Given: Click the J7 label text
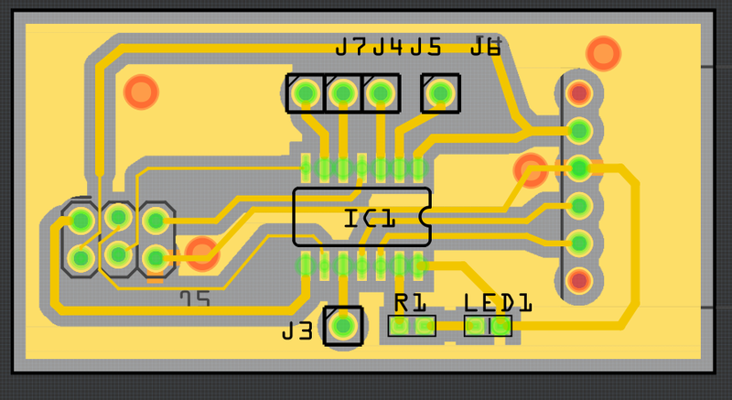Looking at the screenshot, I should [x=351, y=47].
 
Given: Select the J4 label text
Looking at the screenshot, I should [x=389, y=47].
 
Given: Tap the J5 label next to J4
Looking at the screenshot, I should [x=426, y=47].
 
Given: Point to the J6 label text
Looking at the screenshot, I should [x=486, y=47].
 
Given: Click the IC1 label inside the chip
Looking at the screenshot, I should [x=370, y=219].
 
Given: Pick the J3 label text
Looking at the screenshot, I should [x=298, y=330].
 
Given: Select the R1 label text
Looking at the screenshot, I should [x=411, y=302].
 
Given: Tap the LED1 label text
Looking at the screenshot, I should [x=498, y=302].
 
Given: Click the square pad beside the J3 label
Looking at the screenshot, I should [x=343, y=325].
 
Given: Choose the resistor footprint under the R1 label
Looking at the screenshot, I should [x=412, y=326].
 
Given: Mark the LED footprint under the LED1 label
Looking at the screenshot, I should [x=488, y=326].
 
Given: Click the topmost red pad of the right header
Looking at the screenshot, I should [x=578, y=92].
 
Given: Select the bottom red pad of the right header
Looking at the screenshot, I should [x=578, y=279].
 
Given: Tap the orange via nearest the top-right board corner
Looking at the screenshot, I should [x=603, y=52].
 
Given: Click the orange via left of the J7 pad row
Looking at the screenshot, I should [x=141, y=92].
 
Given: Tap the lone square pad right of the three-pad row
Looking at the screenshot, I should [x=440, y=92].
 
